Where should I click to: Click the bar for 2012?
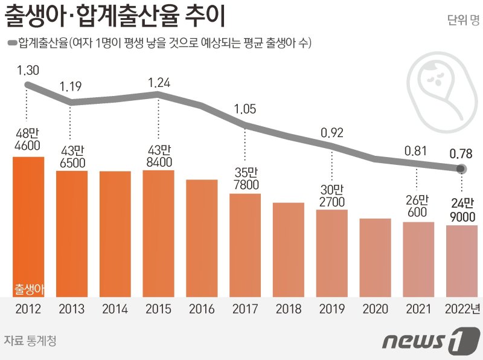(x=28, y=227)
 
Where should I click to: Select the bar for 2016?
(x=202, y=238)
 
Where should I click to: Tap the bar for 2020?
(x=375, y=257)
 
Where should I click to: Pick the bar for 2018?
(x=289, y=249)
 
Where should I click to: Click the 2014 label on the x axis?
(x=115, y=309)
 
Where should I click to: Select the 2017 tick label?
(x=245, y=309)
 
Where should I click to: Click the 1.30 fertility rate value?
(x=28, y=71)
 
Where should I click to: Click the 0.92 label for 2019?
(x=332, y=131)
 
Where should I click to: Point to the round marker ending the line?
(x=461, y=169)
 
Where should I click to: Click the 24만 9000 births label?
(x=462, y=210)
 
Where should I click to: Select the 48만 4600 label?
(x=28, y=138)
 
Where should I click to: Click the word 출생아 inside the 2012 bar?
(x=28, y=289)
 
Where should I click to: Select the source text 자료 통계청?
(x=30, y=341)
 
